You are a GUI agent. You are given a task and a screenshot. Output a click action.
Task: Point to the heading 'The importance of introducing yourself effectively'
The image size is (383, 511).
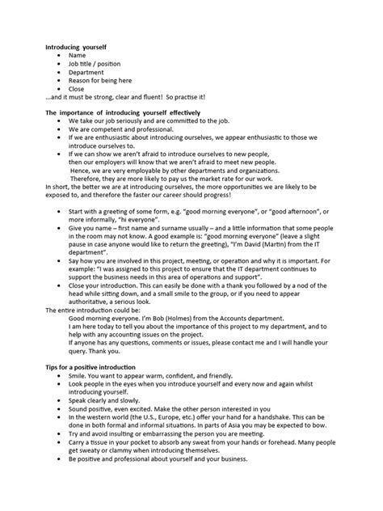[x=123, y=112]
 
